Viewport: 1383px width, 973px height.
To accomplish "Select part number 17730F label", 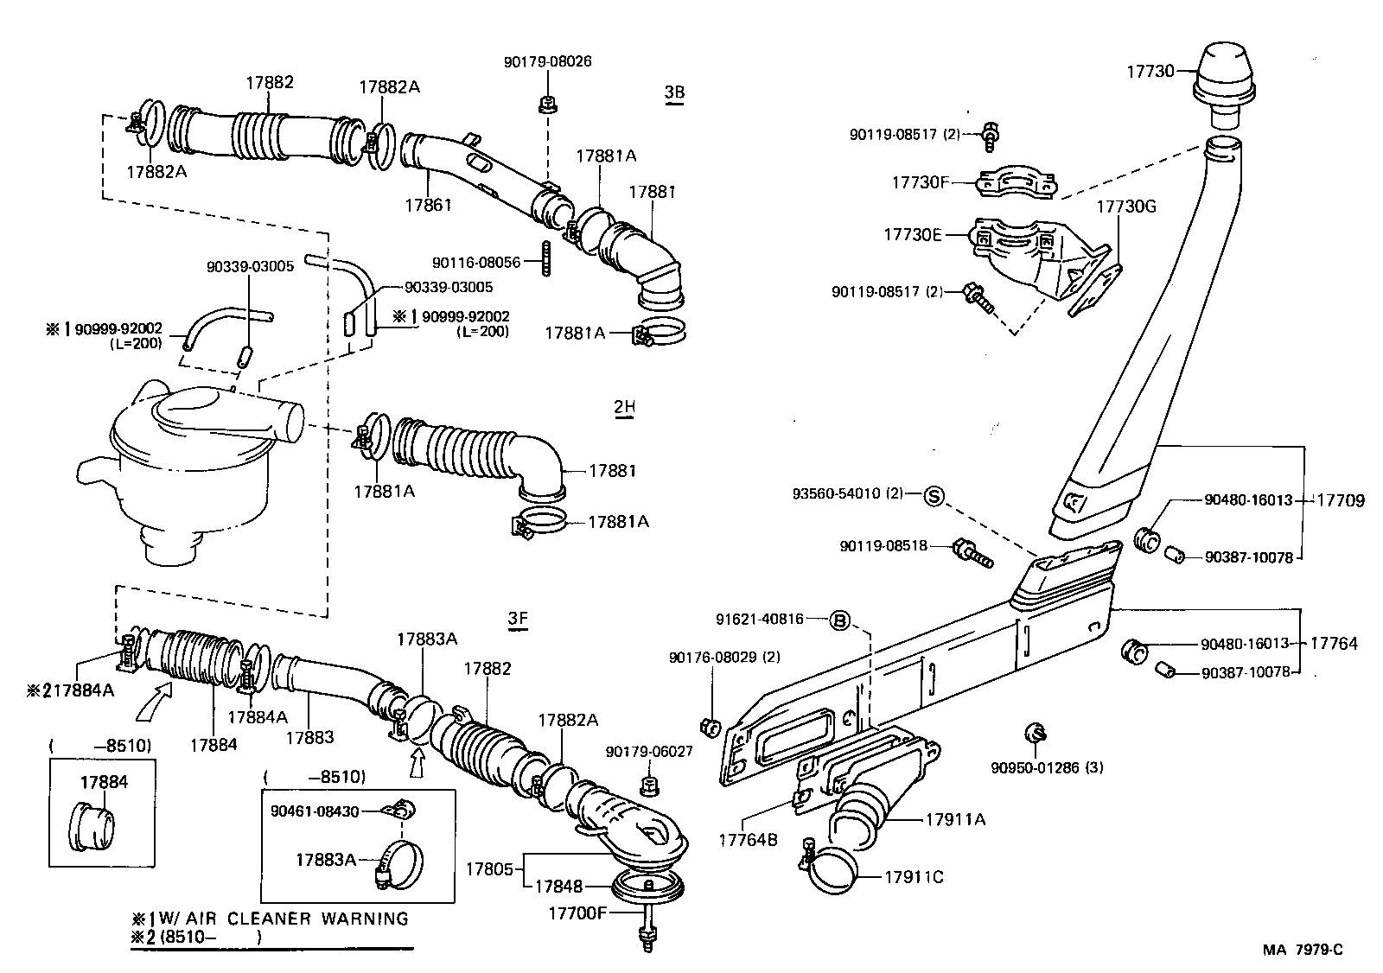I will coord(921,182).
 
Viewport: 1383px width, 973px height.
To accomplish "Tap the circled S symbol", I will coord(934,495).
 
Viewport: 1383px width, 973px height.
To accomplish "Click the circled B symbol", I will coord(839,620).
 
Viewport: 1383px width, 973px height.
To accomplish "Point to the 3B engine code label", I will coord(674,92).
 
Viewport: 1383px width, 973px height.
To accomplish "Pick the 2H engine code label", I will coord(625,407).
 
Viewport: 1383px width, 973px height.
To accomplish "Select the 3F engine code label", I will coord(518,619).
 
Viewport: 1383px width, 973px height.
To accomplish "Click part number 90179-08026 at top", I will coord(548,62).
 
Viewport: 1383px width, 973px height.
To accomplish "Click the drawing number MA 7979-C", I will coord(1303,950).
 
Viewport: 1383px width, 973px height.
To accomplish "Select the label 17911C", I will coord(914,877).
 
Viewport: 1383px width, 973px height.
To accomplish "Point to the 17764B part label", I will coord(749,838).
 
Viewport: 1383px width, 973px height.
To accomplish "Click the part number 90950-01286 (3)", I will coord(1047,766).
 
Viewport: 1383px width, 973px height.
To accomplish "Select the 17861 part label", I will coord(429,205).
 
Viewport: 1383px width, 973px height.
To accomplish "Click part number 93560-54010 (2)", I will coord(847,494).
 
